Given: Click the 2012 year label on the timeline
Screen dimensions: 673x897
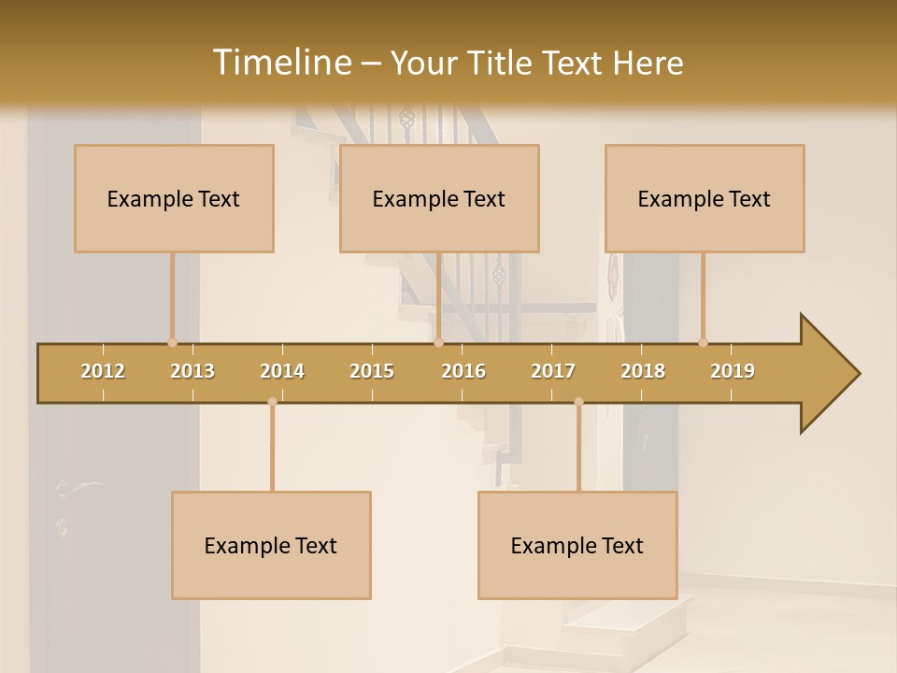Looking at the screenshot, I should point(103,371).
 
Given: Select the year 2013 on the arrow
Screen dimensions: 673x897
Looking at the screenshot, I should point(192,371).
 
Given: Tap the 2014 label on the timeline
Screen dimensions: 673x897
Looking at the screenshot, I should point(282,371).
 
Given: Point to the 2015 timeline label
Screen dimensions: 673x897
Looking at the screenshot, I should point(372,371).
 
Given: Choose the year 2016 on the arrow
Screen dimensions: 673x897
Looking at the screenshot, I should point(463,371).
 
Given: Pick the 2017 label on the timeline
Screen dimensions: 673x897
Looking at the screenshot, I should point(553,371).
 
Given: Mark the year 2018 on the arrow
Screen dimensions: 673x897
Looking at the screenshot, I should point(643,371).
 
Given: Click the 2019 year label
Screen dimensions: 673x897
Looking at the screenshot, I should point(733,371).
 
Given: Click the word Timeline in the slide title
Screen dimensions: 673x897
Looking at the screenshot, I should point(280,63).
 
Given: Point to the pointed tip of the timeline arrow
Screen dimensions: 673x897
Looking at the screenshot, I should point(858,374).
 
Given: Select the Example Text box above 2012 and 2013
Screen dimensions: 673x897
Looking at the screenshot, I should point(174,198).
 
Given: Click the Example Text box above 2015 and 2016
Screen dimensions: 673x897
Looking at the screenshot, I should point(439,198).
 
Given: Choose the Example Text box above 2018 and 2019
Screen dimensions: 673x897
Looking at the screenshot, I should point(705,198).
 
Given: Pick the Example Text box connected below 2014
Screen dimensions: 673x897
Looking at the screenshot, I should point(271,545).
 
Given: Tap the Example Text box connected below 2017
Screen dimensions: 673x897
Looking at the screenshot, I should point(577,545).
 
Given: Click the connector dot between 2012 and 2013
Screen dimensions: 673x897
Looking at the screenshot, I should point(172,342).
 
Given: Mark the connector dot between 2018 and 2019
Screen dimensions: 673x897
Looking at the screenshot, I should point(703,342).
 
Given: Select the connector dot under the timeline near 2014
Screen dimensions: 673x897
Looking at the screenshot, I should point(272,402).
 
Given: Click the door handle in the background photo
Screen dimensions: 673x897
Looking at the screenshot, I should point(78,486).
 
